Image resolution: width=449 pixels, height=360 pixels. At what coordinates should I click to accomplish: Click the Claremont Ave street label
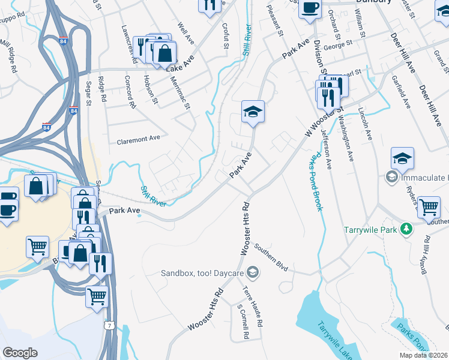pos(139,139)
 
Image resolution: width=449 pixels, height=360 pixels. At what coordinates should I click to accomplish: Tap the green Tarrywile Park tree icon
pos(407,229)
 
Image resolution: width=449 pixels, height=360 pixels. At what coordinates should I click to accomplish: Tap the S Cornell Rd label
pos(243,323)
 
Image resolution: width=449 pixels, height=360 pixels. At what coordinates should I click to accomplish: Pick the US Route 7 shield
pos(108,325)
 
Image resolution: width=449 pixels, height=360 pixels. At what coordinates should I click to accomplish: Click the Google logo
pos(20,352)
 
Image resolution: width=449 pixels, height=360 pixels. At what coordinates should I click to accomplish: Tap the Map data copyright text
pos(423,355)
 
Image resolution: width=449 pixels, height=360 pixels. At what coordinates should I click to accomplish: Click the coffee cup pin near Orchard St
pos(310,8)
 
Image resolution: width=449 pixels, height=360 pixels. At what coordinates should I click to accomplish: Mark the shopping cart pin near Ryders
pos(429,208)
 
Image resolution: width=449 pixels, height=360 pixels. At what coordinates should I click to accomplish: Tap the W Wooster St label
pos(325,119)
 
